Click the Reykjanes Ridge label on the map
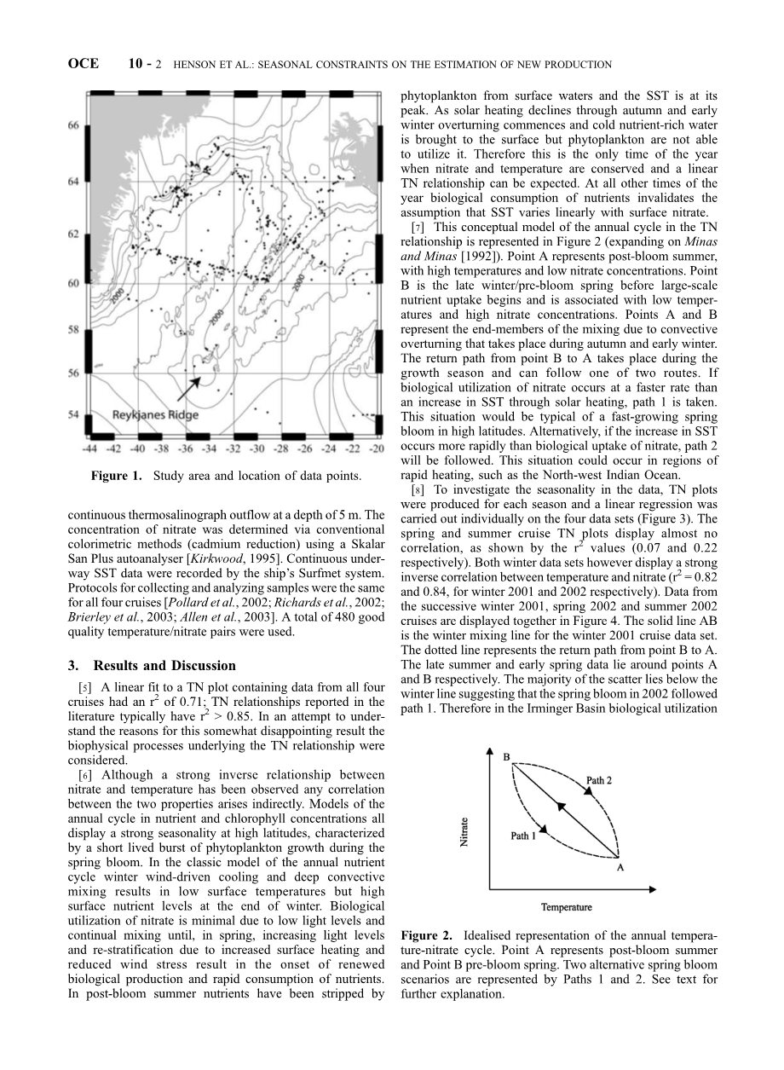pos(156,414)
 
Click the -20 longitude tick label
pos(378,448)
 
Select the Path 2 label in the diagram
pos(599,780)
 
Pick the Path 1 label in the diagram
pos(523,836)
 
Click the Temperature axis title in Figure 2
pos(566,907)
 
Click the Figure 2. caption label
pos(428,937)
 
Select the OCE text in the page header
pos(84,64)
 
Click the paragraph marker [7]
pos(418,228)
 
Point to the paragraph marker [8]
pos(418,490)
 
